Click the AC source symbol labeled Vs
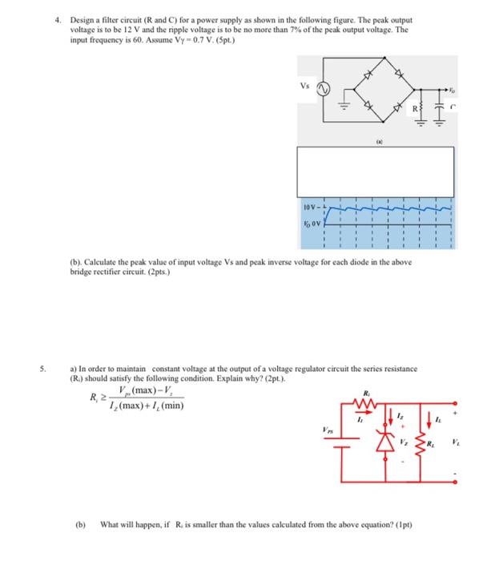(324, 88)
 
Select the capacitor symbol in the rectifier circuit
(439, 107)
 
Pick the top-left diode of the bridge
(369, 75)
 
